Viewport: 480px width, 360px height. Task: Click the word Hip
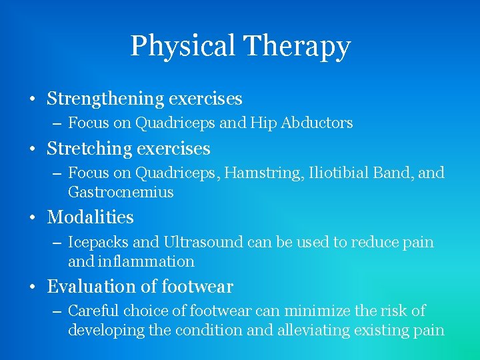coord(266,123)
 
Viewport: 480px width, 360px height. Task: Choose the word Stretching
coord(89,148)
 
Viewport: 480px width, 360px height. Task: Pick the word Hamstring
coord(265,173)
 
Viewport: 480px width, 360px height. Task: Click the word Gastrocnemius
coord(121,192)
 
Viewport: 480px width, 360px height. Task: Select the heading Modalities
coord(90,217)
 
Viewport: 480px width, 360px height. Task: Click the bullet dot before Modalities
coord(32,218)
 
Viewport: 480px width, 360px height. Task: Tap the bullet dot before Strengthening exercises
coord(32,99)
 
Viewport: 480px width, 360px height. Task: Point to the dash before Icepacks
coord(56,243)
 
